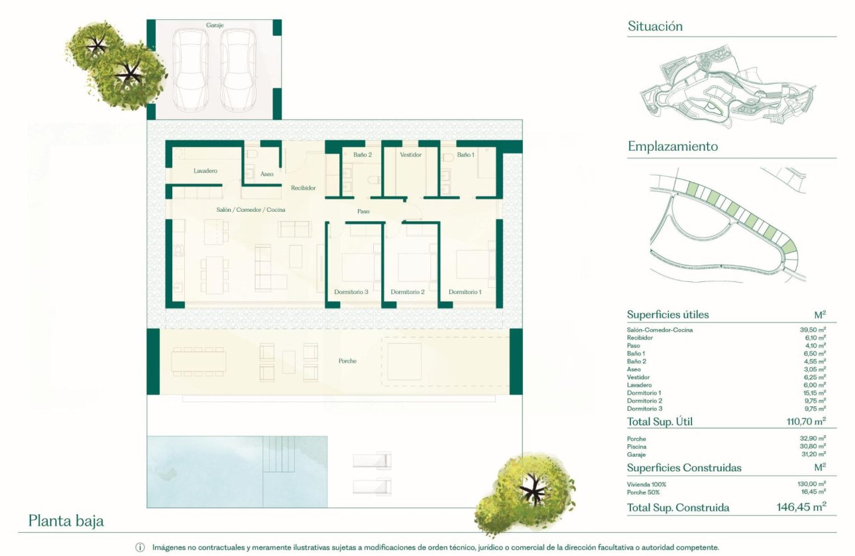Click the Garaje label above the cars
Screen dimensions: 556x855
[215, 25]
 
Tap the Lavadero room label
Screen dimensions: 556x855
[205, 171]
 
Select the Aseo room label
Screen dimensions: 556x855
[267, 174]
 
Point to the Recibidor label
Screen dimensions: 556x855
[304, 188]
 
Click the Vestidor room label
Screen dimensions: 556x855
[411, 155]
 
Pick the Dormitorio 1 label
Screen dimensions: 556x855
[465, 292]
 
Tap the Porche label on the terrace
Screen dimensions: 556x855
[347, 361]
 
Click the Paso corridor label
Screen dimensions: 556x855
[363, 212]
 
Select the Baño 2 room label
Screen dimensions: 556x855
[363, 155]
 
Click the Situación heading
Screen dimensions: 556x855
[655, 26]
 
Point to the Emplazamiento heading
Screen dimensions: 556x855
[673, 146]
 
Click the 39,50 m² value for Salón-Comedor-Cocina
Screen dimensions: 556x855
[813, 330]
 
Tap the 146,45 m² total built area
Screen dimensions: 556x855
[801, 508]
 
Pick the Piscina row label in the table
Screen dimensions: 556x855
[637, 447]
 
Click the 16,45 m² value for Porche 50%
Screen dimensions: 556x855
[813, 492]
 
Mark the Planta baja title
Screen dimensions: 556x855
[66, 521]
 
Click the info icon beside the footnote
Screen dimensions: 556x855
[141, 547]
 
